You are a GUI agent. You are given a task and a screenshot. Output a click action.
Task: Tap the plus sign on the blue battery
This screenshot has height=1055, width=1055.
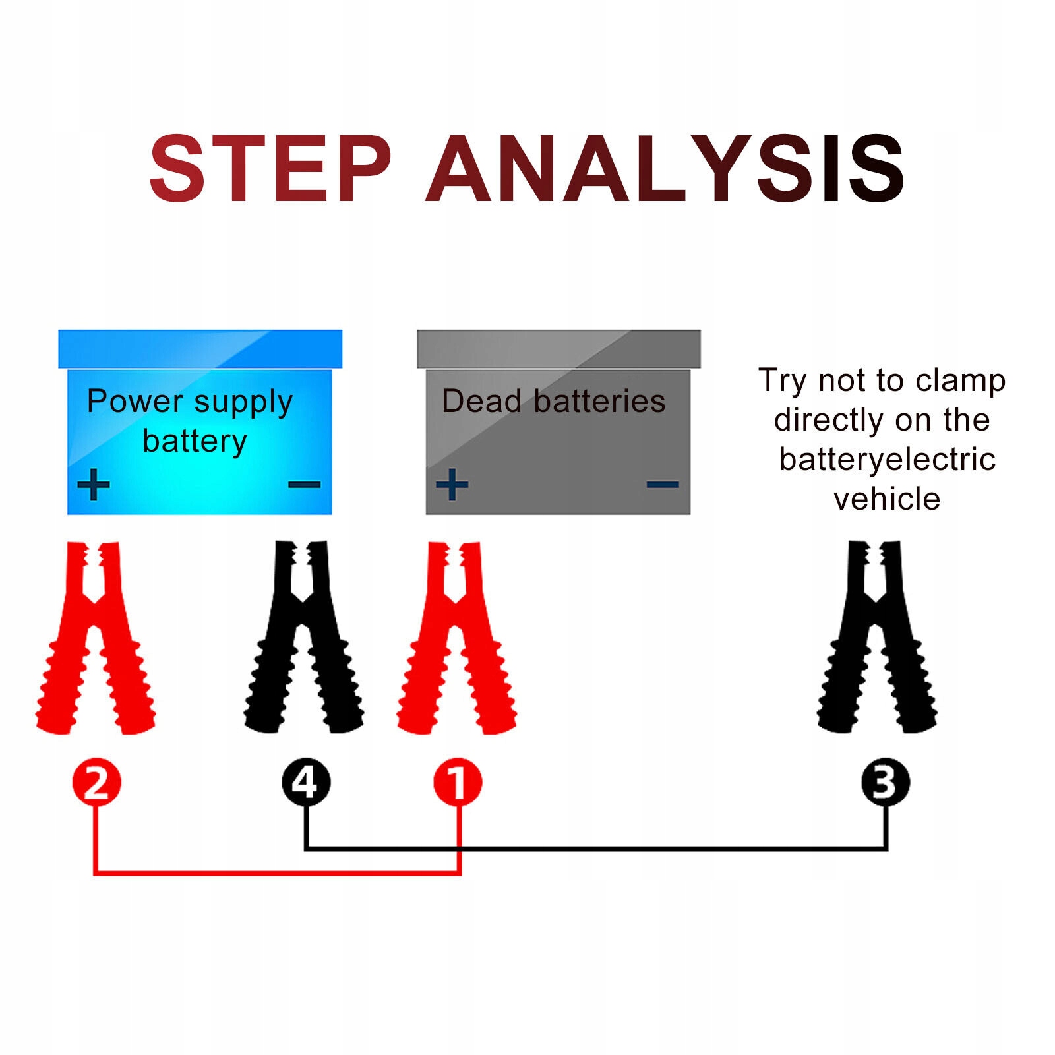pos(94,485)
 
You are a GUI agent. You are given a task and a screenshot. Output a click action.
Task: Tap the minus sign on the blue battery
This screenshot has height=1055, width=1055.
pos(304,485)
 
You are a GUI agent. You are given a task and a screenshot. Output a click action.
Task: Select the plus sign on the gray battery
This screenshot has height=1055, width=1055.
pos(452,485)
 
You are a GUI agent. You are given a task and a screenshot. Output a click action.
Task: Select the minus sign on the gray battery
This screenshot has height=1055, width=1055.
pos(663,485)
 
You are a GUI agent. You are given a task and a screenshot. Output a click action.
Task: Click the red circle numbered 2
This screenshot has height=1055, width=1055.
pos(96,783)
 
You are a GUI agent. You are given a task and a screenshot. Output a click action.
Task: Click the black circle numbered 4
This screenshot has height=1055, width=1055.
pos(306,783)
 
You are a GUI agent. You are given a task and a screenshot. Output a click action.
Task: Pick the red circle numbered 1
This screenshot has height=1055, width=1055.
pos(458,783)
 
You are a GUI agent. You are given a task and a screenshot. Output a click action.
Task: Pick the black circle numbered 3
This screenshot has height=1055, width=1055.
pos(885,783)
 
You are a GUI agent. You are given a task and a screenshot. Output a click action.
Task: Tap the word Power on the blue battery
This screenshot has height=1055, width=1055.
pos(135,401)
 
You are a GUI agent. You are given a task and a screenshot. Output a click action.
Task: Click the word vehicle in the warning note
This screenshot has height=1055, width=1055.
pos(886,499)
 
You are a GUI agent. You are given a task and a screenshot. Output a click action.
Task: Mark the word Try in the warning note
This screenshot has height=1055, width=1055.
pos(782,380)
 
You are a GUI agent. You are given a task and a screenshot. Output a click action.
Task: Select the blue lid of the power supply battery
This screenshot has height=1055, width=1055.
pos(200,349)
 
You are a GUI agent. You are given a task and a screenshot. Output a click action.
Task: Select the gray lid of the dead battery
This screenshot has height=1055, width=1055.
pos(558,349)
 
